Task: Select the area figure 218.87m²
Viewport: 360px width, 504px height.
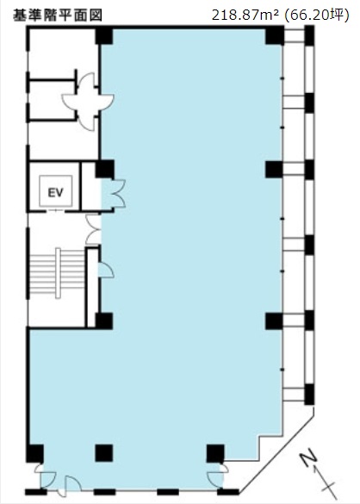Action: [251, 14]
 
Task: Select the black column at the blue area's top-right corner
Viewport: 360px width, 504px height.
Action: [275, 35]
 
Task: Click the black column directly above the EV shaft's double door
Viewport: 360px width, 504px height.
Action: [104, 168]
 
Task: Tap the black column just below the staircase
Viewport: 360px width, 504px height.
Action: [103, 320]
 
